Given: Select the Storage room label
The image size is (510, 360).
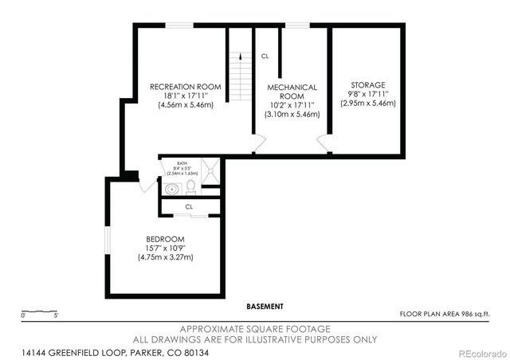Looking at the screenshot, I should point(367,84).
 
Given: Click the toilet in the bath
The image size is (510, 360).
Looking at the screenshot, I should point(191,188).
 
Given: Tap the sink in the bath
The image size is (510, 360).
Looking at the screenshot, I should point(173,189).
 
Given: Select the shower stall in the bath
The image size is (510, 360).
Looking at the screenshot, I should point(210,172).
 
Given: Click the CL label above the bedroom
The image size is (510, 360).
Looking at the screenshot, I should point(189,206).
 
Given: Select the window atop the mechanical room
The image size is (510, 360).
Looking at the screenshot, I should point(297,25).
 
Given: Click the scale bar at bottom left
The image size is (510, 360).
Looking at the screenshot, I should point(38,311).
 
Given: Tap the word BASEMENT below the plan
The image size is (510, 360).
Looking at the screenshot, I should point(265,306).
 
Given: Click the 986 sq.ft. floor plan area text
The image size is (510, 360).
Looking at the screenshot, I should point(445,315).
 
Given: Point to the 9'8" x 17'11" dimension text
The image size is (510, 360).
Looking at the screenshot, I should point(367,94).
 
